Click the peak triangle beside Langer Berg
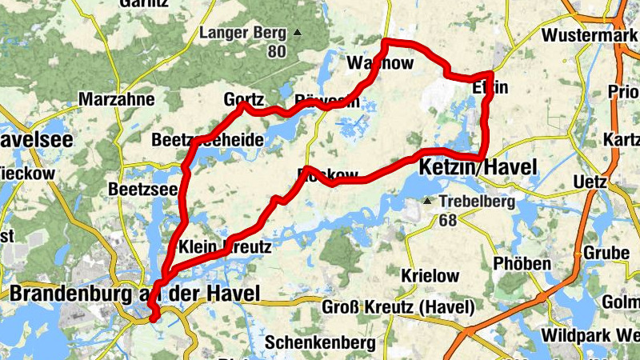click(298, 33)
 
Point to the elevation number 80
click(277, 52)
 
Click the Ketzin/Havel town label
click(477, 166)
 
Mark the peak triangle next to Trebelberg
click(428, 201)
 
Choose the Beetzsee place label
click(144, 190)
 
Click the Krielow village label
click(430, 276)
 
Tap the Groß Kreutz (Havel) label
click(398, 307)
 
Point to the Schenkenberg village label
click(320, 342)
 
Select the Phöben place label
click(522, 264)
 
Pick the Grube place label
click(607, 253)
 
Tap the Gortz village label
click(244, 101)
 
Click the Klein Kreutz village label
click(226, 248)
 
